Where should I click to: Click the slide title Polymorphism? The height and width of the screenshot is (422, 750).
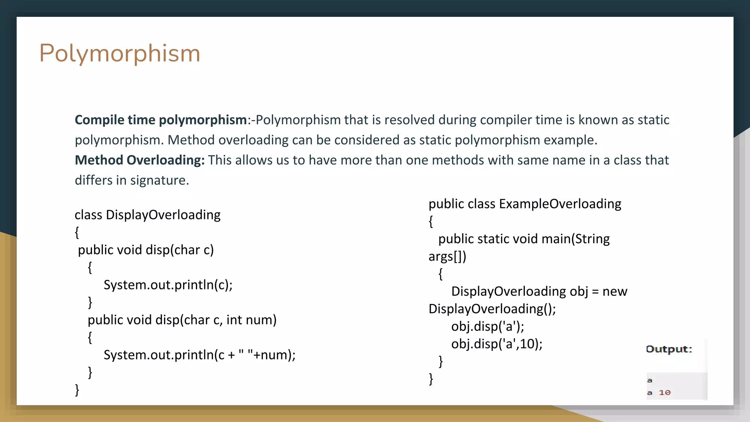click(120, 53)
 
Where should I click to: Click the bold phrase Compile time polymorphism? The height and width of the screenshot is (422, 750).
click(161, 120)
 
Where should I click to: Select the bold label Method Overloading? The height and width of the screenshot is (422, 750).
click(140, 160)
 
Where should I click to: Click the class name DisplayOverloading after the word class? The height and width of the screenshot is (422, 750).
click(163, 215)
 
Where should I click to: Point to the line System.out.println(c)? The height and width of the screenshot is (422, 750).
click(168, 285)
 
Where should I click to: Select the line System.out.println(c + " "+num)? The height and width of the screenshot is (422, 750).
click(200, 355)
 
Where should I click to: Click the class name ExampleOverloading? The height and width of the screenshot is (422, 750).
click(560, 204)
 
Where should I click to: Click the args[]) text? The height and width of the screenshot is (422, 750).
click(447, 256)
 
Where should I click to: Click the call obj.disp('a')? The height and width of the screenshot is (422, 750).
click(487, 326)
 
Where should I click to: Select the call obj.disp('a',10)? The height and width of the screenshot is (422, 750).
click(497, 344)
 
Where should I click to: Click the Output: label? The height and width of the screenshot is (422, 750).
click(669, 349)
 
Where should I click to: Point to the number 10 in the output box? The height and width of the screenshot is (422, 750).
click(664, 393)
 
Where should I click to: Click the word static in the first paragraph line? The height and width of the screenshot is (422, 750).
click(653, 120)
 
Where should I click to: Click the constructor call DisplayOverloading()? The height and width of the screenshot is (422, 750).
click(492, 309)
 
